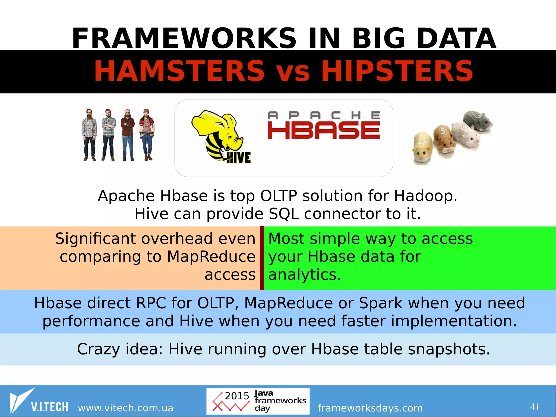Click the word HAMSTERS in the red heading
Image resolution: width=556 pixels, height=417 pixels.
coord(179,71)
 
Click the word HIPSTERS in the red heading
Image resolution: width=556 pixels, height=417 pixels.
coord(397,71)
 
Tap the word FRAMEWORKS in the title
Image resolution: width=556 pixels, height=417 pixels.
coord(184,39)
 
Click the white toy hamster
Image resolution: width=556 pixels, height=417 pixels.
coord(465,134)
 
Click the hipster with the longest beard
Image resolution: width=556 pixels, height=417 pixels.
coord(89,134)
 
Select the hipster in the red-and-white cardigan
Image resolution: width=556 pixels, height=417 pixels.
coord(147,134)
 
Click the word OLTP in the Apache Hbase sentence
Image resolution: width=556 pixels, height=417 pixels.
coord(278,196)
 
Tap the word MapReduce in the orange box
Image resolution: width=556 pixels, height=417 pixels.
coord(211,256)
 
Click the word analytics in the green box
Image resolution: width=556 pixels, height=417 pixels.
coord(304,275)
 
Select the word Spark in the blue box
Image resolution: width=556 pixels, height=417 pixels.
coord(381,303)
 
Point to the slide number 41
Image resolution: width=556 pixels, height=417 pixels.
coord(534,407)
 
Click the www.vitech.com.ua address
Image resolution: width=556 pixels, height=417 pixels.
coord(125,408)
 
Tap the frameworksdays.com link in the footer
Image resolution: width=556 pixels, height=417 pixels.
coord(370,408)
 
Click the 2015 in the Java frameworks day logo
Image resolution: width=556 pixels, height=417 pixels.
coord(237,396)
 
